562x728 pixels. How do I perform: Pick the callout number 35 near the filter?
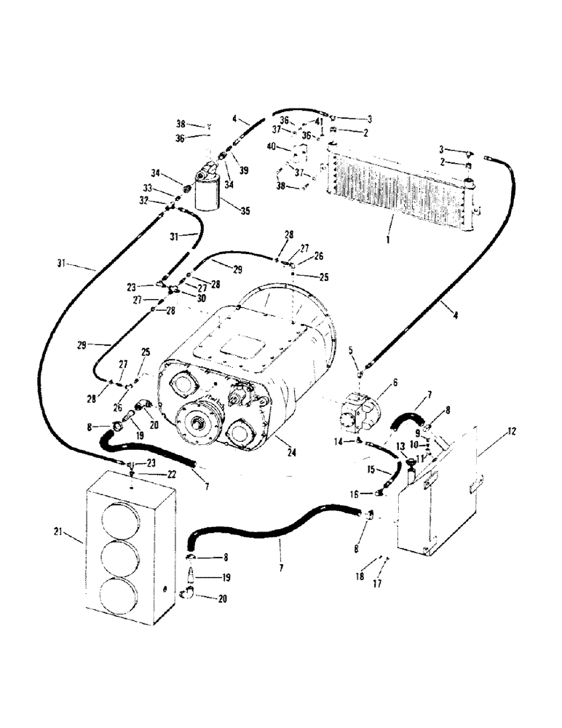tap(245, 212)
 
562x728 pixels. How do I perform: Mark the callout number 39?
tap(244, 170)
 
